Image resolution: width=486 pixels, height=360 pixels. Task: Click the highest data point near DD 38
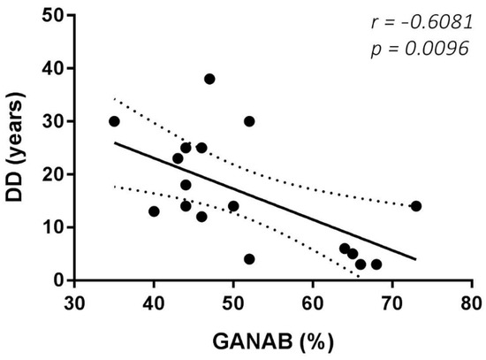(209, 79)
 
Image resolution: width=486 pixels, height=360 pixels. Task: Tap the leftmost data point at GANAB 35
(114, 121)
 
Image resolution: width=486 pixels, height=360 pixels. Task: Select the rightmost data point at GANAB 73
(415, 206)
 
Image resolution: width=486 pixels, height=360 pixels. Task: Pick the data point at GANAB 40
(154, 211)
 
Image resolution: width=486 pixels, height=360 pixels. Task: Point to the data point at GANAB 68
(376, 264)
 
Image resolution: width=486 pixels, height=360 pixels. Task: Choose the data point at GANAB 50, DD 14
(233, 206)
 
